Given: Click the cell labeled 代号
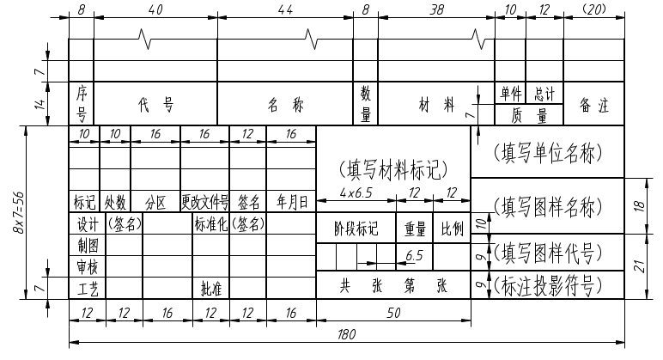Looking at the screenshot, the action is click(x=155, y=106).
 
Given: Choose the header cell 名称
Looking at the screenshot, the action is click(x=284, y=106).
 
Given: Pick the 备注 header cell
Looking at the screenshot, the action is click(x=593, y=106).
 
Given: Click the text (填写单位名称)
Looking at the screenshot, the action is click(x=548, y=152).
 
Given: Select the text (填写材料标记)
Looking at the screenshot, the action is click(x=393, y=168).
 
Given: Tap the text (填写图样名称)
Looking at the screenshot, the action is click(x=548, y=206).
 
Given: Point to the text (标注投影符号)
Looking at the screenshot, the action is click(x=548, y=284).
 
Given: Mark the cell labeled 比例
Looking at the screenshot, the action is click(x=452, y=229).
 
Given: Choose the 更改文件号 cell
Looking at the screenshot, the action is click(x=204, y=203).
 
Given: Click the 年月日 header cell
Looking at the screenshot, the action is click(x=292, y=203).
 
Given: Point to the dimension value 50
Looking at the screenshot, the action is click(x=393, y=314).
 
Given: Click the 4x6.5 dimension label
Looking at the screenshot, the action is click(x=356, y=192).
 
